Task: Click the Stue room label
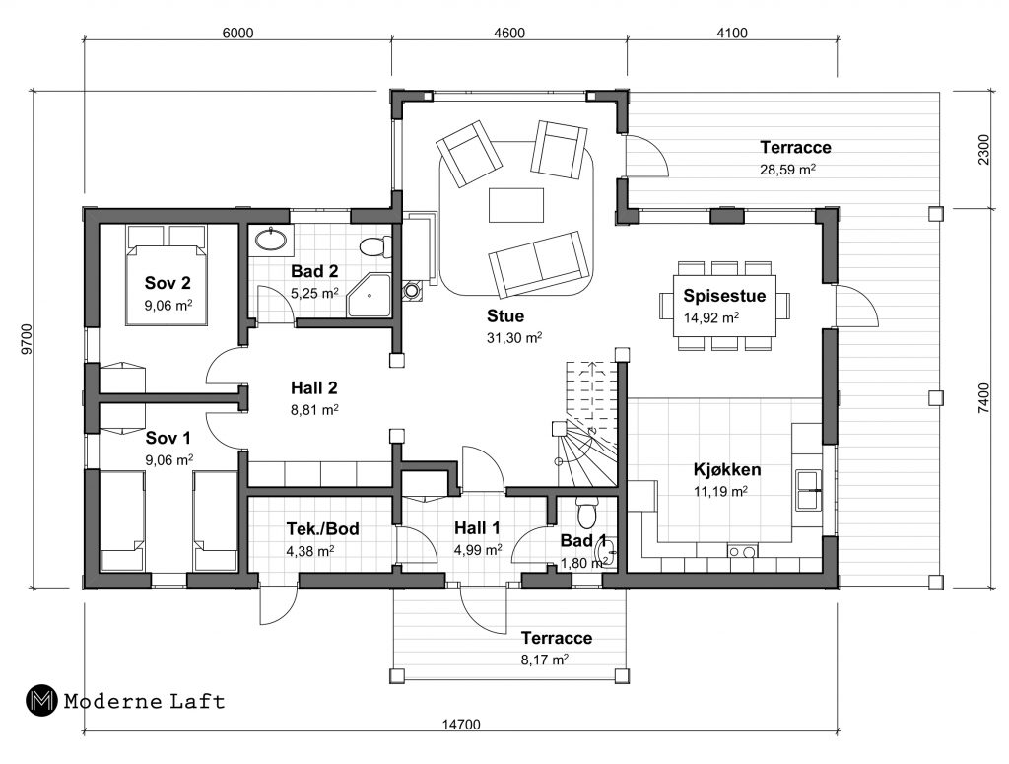pyautogui.click(x=505, y=316)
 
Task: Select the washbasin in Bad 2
pyautogui.click(x=271, y=241)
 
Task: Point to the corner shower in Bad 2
pyautogui.click(x=370, y=296)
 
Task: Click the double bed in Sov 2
pyautogui.click(x=167, y=275)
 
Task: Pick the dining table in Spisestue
pyautogui.click(x=724, y=306)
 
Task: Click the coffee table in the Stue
pyautogui.click(x=516, y=205)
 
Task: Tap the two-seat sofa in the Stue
pyautogui.click(x=539, y=264)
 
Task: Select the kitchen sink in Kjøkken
pyautogui.click(x=808, y=490)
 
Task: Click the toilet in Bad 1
pyautogui.click(x=586, y=512)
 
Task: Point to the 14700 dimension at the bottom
pyautogui.click(x=461, y=725)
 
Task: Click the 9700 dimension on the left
pyautogui.click(x=27, y=339)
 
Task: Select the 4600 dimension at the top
pyautogui.click(x=509, y=33)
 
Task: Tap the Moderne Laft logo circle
pyautogui.click(x=41, y=700)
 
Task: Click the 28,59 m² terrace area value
pyautogui.click(x=787, y=170)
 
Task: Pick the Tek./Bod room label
pyautogui.click(x=322, y=529)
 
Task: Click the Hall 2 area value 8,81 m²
pyautogui.click(x=314, y=410)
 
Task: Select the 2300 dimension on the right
pyautogui.click(x=984, y=149)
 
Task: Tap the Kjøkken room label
pyautogui.click(x=727, y=470)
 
